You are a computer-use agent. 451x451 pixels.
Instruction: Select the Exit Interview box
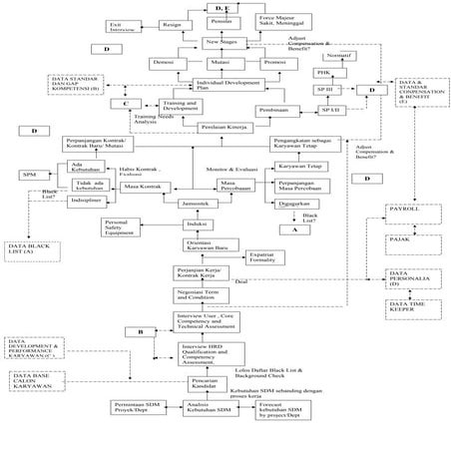coord(122,27)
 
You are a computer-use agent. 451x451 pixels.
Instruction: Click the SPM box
coord(29,175)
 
